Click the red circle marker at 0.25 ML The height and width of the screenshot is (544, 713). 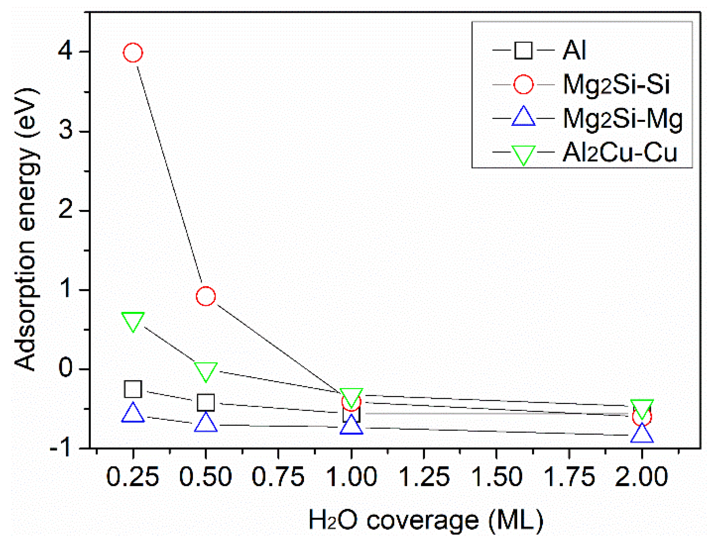[133, 53]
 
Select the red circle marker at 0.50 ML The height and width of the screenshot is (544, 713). [206, 296]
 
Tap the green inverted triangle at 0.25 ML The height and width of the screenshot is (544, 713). [133, 321]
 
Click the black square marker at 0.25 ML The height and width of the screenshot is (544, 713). [133, 389]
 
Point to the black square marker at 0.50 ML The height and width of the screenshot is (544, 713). [206, 402]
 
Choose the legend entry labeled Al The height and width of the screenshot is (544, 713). [574, 50]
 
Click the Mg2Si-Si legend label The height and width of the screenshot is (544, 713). [616, 84]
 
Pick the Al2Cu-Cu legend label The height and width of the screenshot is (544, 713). [620, 153]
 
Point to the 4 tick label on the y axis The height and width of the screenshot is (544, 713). [65, 51]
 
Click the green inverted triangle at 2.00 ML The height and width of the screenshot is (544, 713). [642, 408]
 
